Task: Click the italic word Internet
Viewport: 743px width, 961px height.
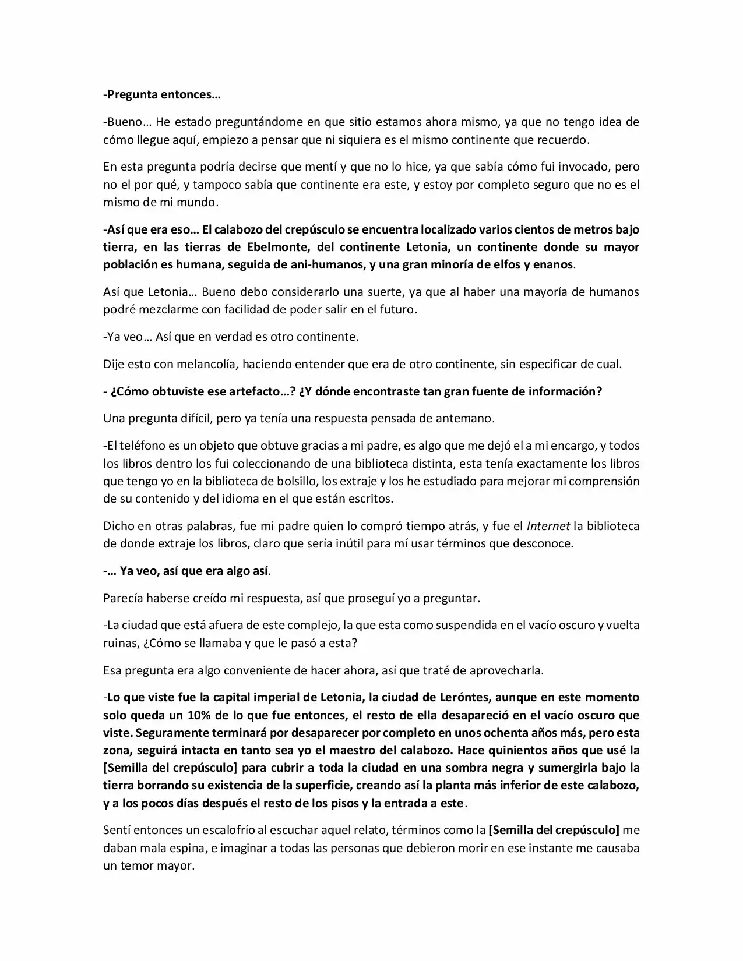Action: [548, 526]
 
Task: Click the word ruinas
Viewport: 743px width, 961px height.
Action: [119, 643]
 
